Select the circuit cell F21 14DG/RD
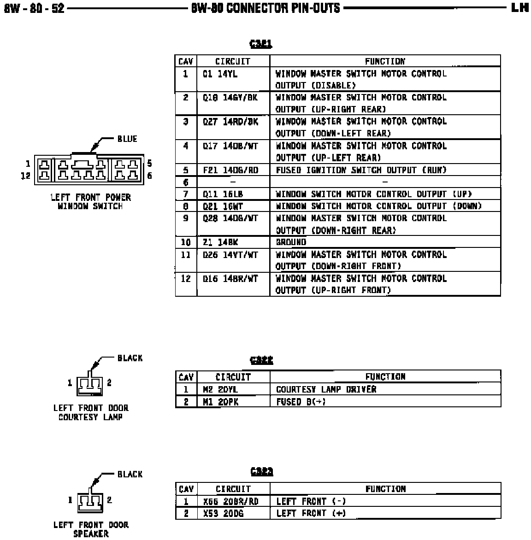(x=230, y=170)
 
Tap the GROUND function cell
(x=291, y=242)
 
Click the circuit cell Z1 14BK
(x=220, y=242)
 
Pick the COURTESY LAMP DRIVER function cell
(x=326, y=389)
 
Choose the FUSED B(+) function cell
(x=301, y=401)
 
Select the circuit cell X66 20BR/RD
(x=230, y=501)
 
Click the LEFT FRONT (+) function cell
(x=311, y=513)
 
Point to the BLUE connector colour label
(x=127, y=139)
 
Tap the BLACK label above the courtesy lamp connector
(x=130, y=358)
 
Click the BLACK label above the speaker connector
(x=130, y=474)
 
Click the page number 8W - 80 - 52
(x=34, y=8)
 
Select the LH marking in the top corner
(x=519, y=7)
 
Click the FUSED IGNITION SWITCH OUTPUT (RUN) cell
(x=361, y=170)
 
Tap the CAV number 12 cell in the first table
(x=186, y=279)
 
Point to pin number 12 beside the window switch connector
(x=25, y=176)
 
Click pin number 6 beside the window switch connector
(x=149, y=176)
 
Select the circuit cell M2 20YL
(x=220, y=389)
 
